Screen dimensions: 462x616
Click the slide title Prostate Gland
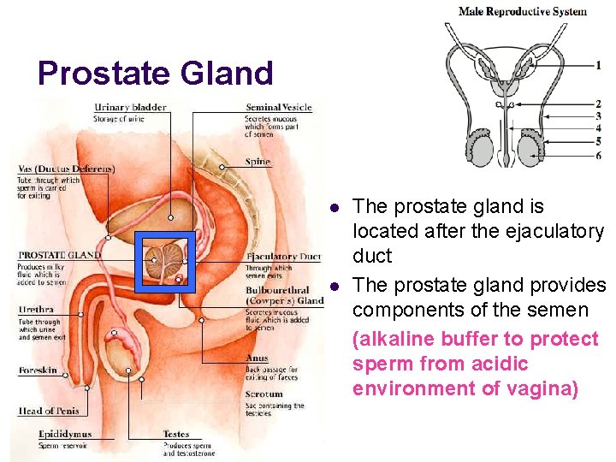pos(155,74)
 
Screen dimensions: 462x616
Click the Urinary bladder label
pos(130,108)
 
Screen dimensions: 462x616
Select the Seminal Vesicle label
pos(278,108)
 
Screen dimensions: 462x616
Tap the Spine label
pos(257,162)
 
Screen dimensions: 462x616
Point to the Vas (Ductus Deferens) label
pos(66,169)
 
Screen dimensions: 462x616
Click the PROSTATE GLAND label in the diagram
pos(60,255)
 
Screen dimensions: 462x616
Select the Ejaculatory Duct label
pos(283,256)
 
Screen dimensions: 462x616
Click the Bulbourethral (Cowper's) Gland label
pos(284,295)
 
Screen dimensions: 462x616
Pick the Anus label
pos(256,358)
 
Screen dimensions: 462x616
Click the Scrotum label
pos(264,395)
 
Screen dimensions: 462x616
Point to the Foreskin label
pos(38,370)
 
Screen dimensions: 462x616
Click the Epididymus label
pos(65,435)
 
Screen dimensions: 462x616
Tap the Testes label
pos(176,435)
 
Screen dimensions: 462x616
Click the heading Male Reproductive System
pos(523,12)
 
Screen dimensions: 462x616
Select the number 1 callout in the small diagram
pos(598,65)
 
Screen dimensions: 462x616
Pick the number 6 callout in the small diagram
pos(598,156)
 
